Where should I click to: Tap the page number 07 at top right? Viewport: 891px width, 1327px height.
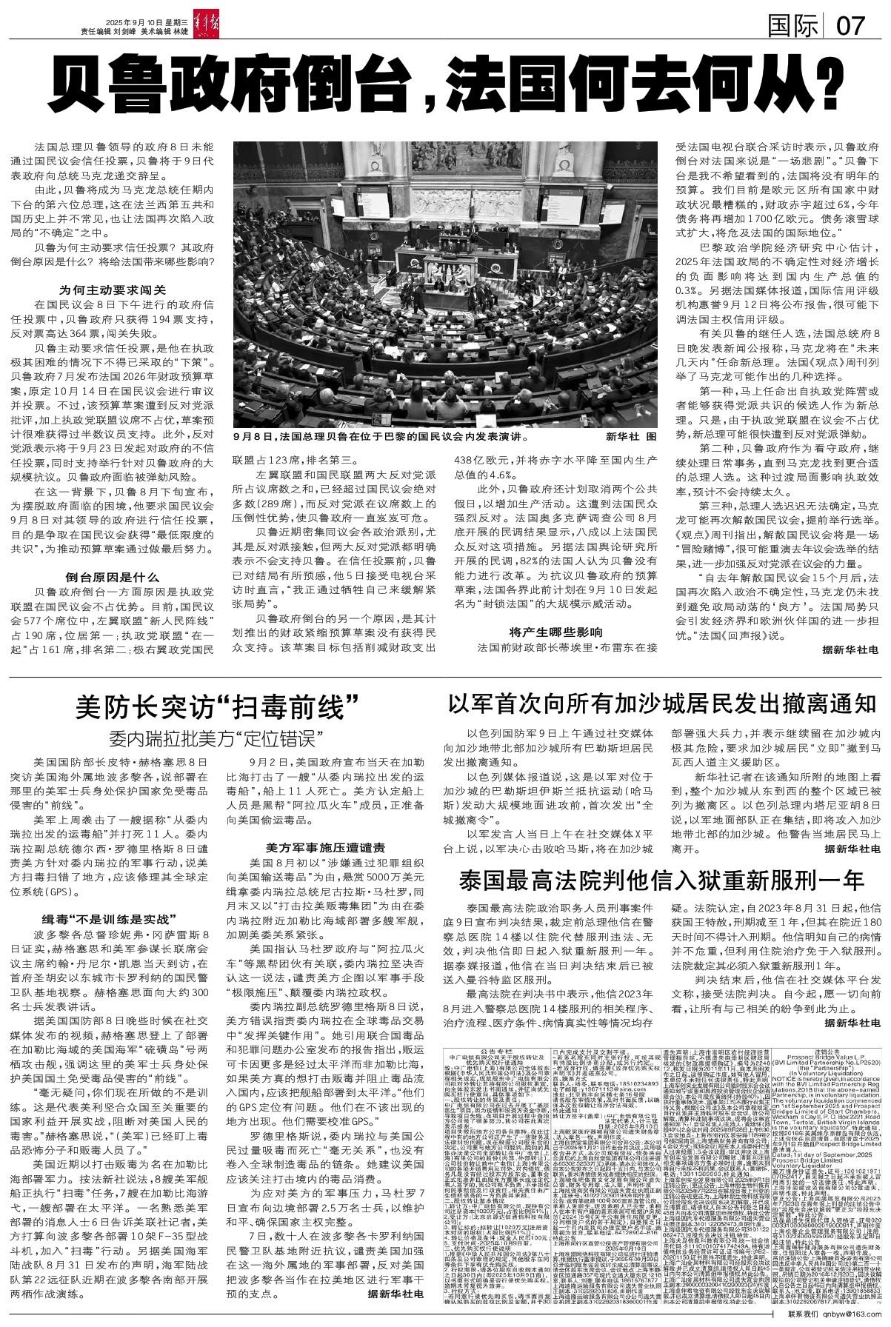click(x=850, y=27)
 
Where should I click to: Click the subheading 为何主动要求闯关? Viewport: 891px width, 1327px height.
click(x=112, y=290)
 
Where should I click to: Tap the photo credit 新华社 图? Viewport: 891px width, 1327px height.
click(x=630, y=436)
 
